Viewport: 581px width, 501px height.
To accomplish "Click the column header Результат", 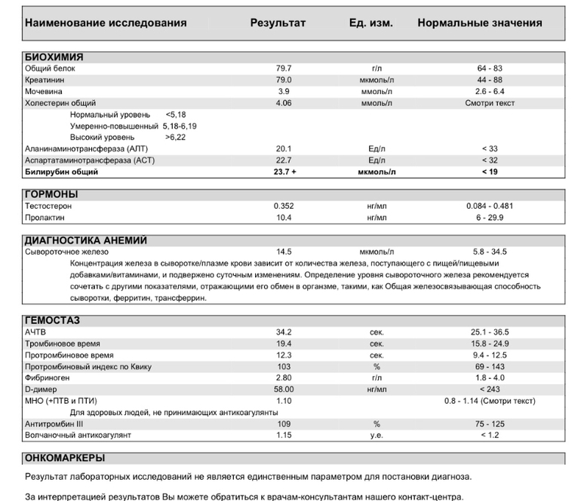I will coord(278,23).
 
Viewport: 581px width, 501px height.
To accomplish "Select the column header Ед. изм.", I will coord(370,23).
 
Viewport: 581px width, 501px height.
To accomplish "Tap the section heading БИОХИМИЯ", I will coord(54,57).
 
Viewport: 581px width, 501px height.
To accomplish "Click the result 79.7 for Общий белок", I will coord(284,69).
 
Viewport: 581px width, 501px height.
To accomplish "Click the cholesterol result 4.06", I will coord(284,102).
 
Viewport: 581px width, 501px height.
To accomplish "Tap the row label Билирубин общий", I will coord(61,172).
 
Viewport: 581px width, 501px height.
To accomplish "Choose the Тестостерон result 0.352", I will coord(284,206).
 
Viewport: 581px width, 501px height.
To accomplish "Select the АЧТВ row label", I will coord(38,332).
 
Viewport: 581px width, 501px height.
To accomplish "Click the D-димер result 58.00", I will coord(284,389).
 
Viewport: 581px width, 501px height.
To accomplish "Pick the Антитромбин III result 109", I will coord(284,424).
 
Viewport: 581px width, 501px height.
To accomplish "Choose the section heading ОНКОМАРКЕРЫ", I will coord(65,458).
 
